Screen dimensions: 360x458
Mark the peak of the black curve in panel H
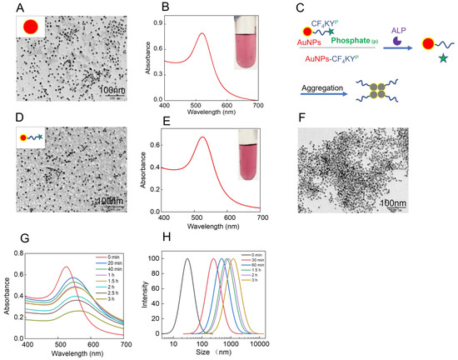(x=187, y=259)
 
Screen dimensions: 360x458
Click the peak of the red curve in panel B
(x=202, y=33)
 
